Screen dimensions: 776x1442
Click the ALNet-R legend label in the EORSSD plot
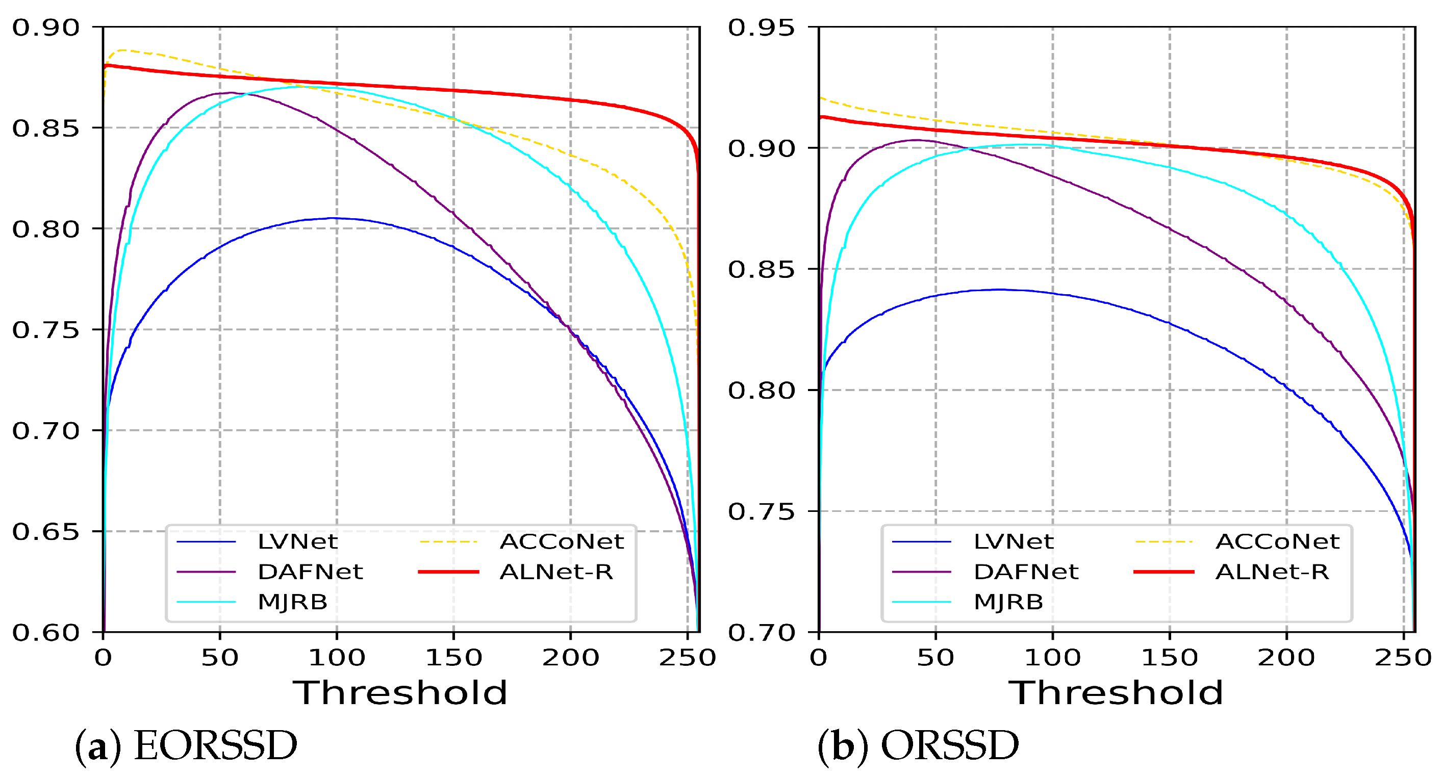(556, 572)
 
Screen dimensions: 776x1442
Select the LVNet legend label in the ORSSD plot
(1013, 541)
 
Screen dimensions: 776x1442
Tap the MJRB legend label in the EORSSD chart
(292, 602)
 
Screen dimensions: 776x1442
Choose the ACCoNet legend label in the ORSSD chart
(1277, 541)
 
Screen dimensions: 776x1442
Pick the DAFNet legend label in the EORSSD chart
(310, 572)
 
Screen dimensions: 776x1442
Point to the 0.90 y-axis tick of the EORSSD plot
(46, 28)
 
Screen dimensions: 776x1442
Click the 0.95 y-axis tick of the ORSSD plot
(762, 28)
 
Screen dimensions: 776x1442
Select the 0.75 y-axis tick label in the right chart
(762, 511)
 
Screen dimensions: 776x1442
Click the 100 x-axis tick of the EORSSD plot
(337, 657)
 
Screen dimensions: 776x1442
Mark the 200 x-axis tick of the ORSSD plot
(1286, 657)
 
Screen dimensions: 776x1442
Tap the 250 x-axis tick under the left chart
(688, 657)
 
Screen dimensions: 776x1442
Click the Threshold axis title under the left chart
(400, 693)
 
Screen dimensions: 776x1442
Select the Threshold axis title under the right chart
(1116, 693)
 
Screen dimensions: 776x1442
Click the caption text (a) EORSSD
(186, 746)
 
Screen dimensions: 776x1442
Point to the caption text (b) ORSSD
(918, 746)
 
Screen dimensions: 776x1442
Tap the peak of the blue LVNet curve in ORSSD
(999, 289)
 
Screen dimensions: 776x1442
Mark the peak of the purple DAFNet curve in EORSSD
(231, 93)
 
